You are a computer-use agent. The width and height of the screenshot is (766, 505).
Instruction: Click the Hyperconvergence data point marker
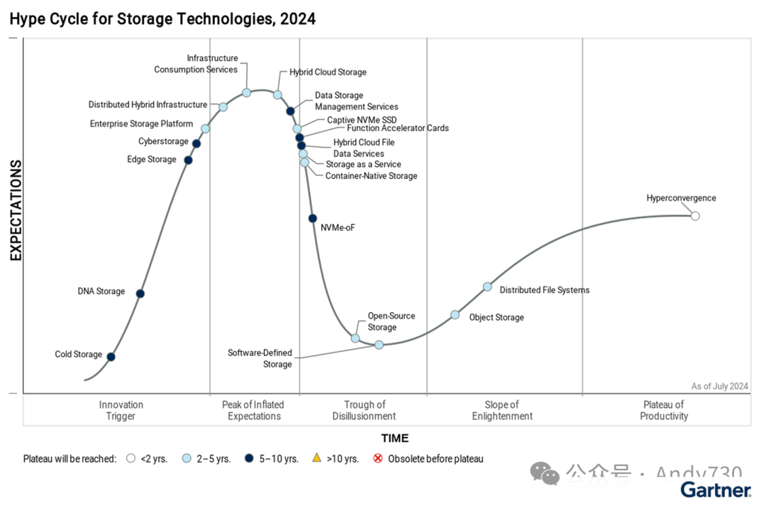click(695, 216)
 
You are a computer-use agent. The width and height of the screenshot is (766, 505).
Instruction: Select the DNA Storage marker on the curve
click(140, 294)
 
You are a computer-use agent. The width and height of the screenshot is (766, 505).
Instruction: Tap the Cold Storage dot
click(111, 357)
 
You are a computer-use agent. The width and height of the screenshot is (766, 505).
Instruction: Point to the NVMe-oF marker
click(313, 218)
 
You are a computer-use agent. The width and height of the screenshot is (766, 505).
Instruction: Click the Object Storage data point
click(455, 315)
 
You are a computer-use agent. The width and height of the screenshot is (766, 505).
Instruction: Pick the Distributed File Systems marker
click(487, 287)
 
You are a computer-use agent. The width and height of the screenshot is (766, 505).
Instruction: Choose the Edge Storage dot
click(188, 160)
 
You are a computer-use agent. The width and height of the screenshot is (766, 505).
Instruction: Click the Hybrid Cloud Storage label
click(328, 72)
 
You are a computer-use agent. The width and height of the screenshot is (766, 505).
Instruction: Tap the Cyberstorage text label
click(163, 142)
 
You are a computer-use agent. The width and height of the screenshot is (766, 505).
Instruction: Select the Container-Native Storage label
click(371, 176)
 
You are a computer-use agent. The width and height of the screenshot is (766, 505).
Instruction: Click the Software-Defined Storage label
click(260, 358)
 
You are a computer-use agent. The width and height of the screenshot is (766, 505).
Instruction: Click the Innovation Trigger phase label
click(121, 411)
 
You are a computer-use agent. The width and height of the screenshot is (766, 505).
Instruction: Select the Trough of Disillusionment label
click(364, 411)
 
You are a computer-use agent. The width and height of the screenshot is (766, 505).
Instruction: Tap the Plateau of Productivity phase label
click(664, 411)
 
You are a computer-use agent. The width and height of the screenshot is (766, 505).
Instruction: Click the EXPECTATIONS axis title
click(16, 211)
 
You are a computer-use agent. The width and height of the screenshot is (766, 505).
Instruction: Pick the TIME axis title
click(395, 438)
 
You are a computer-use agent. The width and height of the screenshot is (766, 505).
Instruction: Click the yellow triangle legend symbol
click(317, 458)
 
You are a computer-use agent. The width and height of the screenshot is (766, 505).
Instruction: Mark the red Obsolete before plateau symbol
click(378, 458)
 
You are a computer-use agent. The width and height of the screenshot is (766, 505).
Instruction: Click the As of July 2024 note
click(719, 387)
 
